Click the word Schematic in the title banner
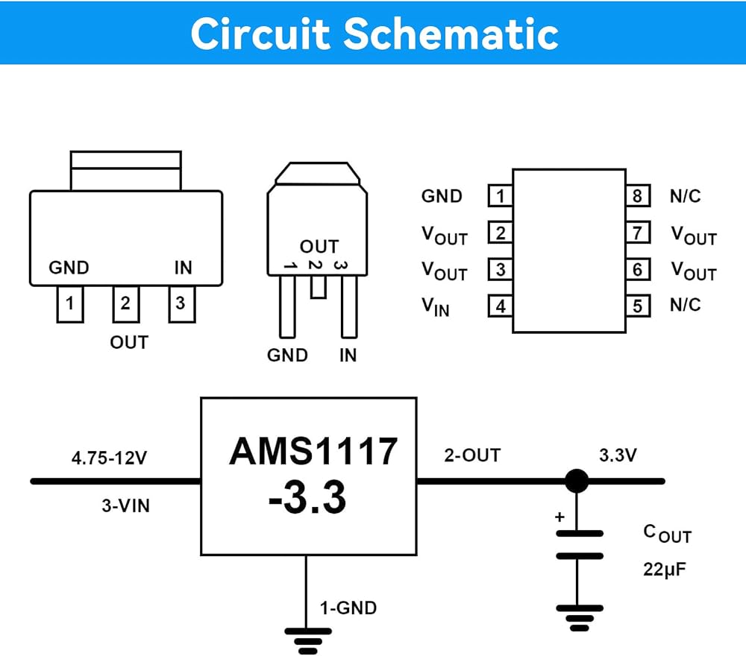[x=451, y=34]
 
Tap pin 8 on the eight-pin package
[x=638, y=195]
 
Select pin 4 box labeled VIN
[x=501, y=306]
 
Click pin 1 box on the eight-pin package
[x=501, y=195]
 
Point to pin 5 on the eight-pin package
[x=638, y=306]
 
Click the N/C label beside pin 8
[x=685, y=196]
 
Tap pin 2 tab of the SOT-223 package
[x=125, y=303]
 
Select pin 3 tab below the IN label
[x=182, y=303]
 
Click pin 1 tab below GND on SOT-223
[x=70, y=303]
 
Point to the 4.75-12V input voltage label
[x=110, y=458]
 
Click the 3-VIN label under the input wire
[x=125, y=505]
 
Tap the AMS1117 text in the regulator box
[x=313, y=451]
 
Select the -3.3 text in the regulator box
[x=307, y=498]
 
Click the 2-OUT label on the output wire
[x=472, y=455]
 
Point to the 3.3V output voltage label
[x=618, y=455]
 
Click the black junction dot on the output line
[x=577, y=481]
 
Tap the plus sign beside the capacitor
[x=560, y=517]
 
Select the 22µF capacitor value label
[x=665, y=569]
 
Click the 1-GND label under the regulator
[x=348, y=608]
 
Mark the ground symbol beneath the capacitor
[x=580, y=618]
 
